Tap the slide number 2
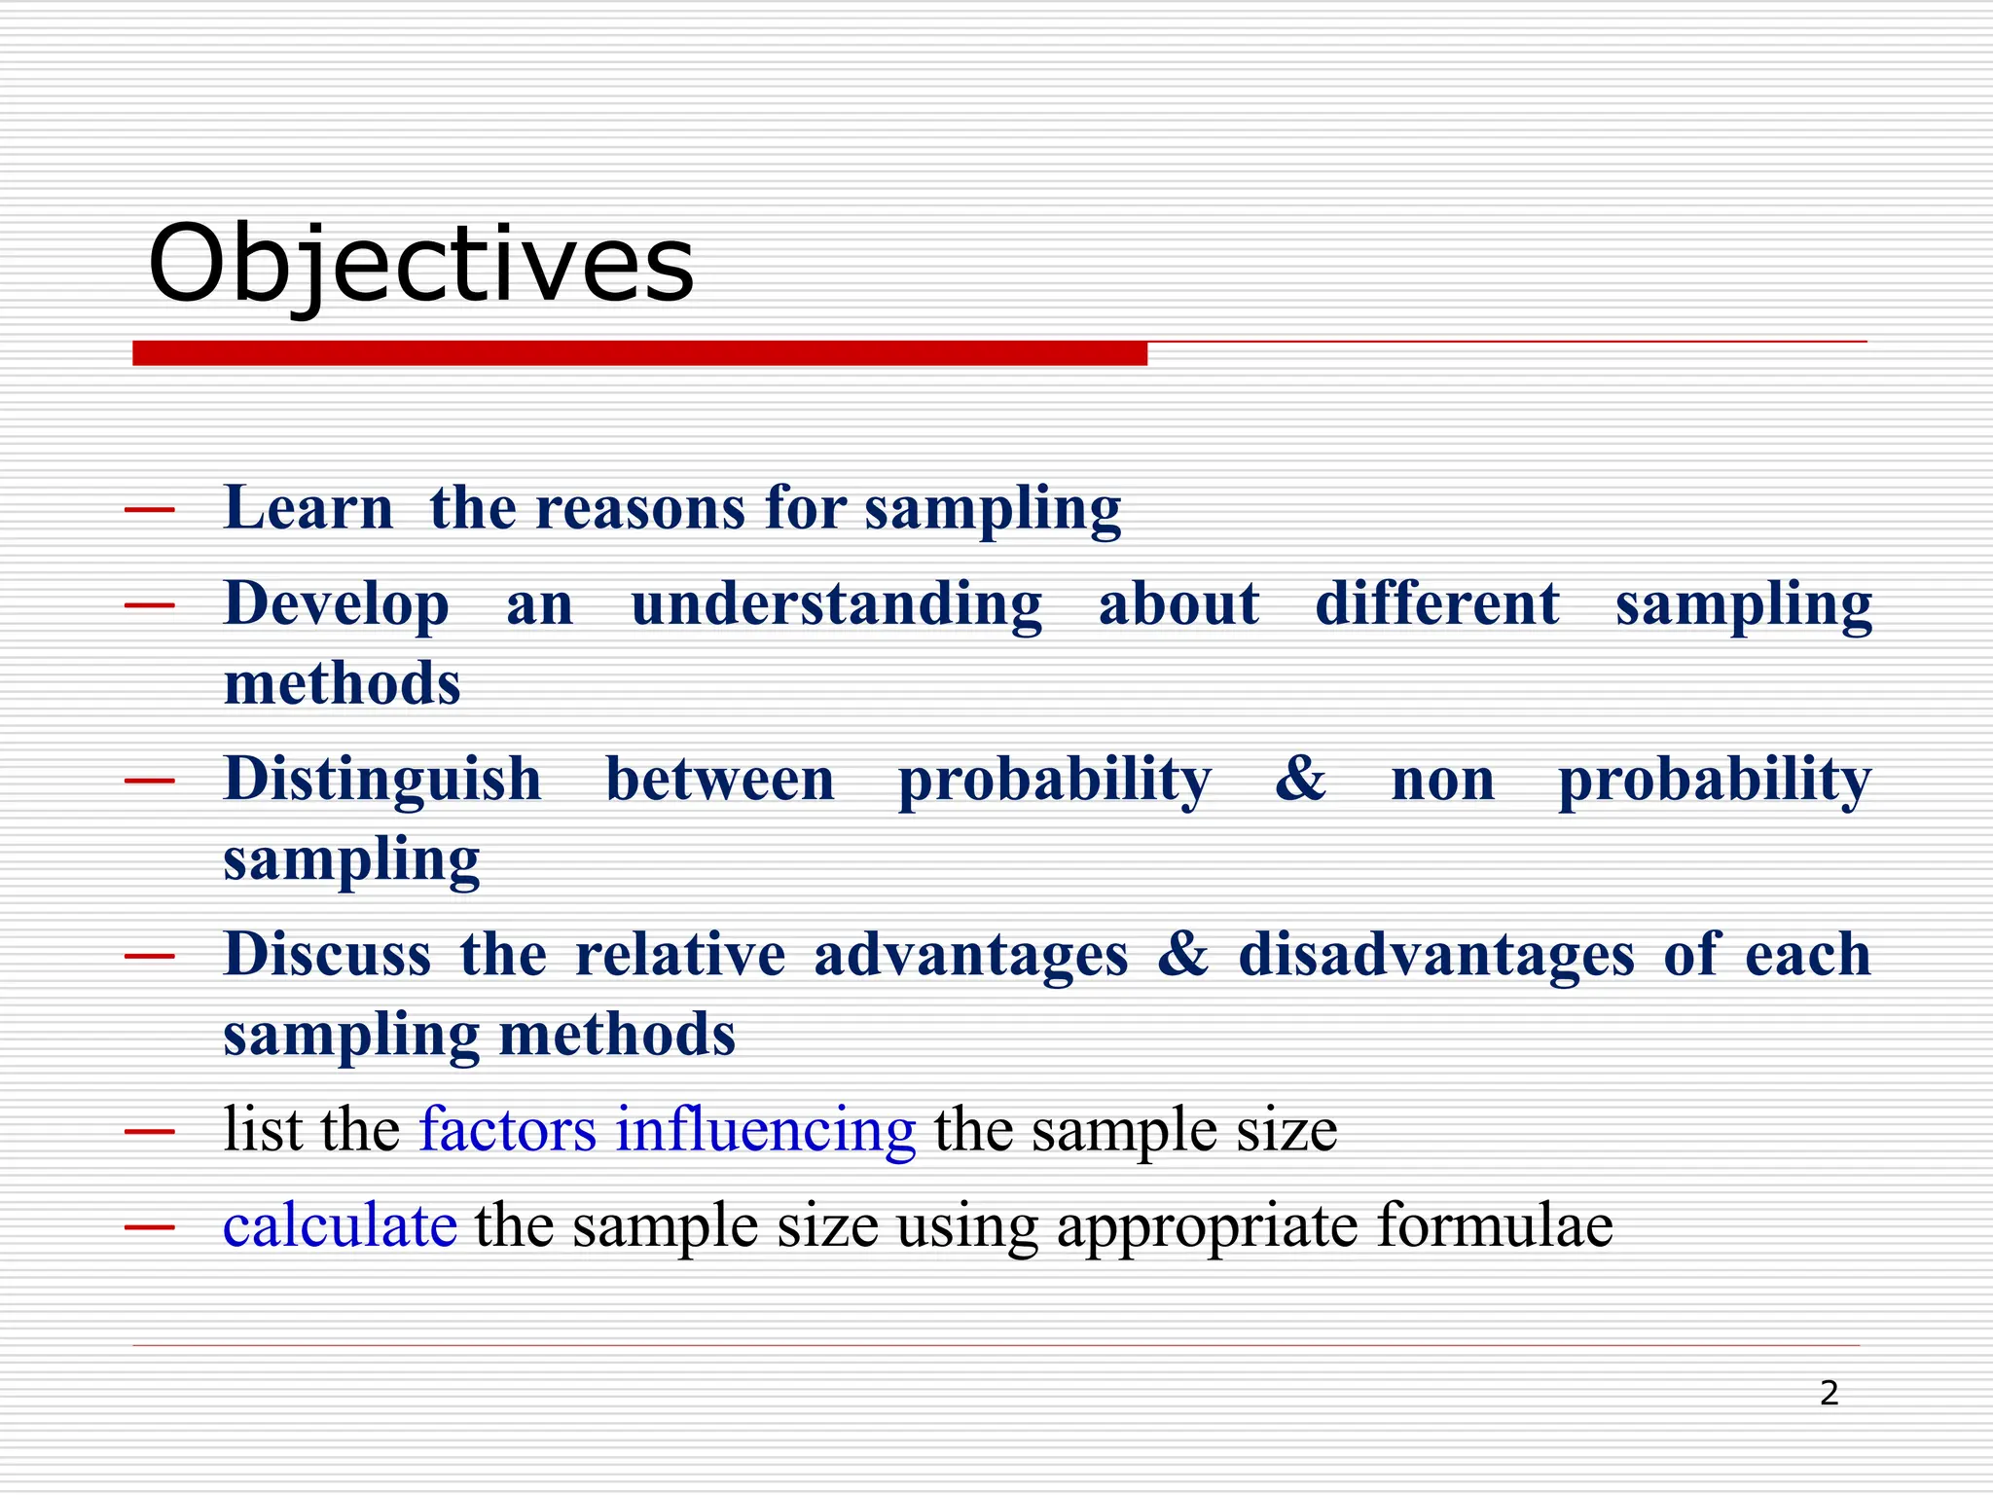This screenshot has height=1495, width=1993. (x=1829, y=1394)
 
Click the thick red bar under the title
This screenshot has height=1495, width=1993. (x=639, y=353)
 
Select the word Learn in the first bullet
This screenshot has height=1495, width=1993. (x=308, y=508)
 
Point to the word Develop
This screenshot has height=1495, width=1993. (x=337, y=603)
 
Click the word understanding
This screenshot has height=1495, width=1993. (x=836, y=603)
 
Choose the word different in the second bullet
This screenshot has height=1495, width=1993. (x=1437, y=603)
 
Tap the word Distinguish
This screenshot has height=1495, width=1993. (x=382, y=779)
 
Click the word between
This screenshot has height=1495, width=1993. (x=720, y=779)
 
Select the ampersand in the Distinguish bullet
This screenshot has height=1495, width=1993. (x=1300, y=779)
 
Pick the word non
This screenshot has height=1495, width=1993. (x=1443, y=781)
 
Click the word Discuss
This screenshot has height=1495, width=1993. (x=327, y=954)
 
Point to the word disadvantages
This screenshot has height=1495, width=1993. (x=1436, y=954)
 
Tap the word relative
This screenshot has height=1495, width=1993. (x=680, y=954)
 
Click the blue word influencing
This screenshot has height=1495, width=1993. (x=765, y=1130)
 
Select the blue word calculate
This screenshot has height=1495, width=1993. (x=340, y=1225)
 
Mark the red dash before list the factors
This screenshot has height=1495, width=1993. (x=150, y=1131)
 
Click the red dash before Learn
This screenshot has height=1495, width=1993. (x=150, y=509)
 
